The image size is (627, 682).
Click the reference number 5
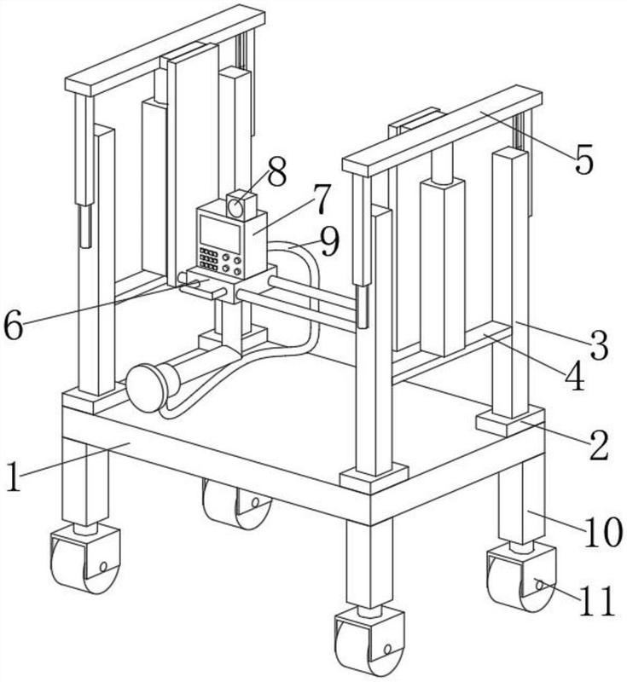click(583, 159)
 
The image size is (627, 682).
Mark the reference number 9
click(328, 241)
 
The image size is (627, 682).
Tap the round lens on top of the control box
click(236, 206)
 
